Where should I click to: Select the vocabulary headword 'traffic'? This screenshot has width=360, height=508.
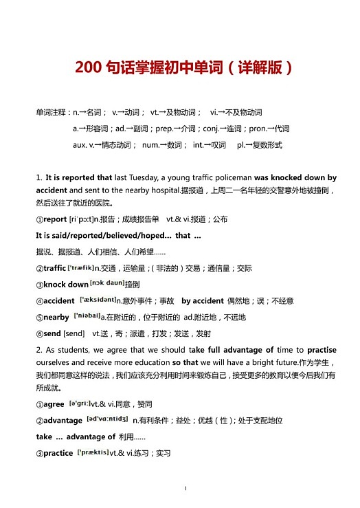pyautogui.click(x=55, y=268)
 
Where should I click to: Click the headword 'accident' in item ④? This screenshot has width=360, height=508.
pyautogui.click(x=59, y=301)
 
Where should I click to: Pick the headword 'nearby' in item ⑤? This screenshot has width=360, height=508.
pyautogui.click(x=56, y=318)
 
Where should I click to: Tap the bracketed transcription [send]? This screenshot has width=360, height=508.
pyautogui.click(x=74, y=333)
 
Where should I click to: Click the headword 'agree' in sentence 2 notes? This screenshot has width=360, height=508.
pyautogui.click(x=54, y=404)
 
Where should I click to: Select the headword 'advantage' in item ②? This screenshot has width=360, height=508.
pyautogui.click(x=63, y=420)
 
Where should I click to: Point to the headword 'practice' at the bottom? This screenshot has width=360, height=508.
pyautogui.click(x=58, y=453)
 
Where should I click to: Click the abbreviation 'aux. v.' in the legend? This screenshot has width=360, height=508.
pyautogui.click(x=84, y=145)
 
